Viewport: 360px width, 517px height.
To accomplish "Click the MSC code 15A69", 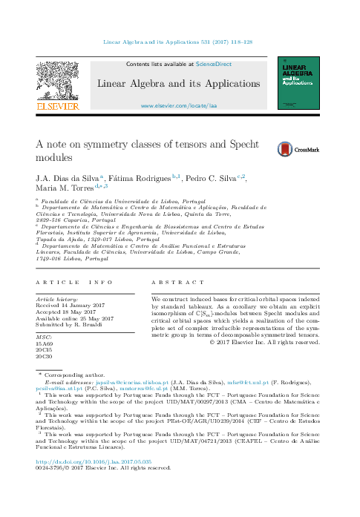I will pyautogui.click(x=45, y=344).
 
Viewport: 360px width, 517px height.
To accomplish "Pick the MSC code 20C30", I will pyautogui.click(x=45, y=358).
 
